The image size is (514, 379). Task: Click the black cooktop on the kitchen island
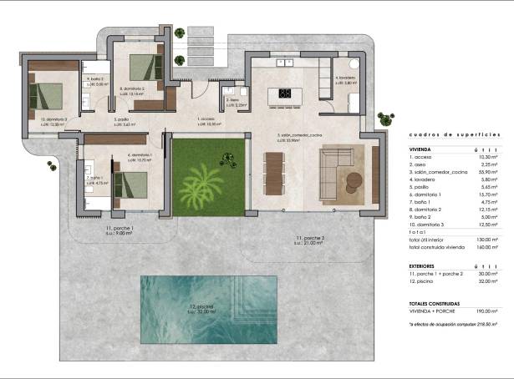click(x=284, y=93)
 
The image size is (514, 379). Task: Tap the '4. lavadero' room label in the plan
click(x=347, y=78)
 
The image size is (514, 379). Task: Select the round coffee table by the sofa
click(x=354, y=177)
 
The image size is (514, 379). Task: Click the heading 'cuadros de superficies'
click(x=455, y=134)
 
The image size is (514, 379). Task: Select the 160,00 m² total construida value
click(x=484, y=248)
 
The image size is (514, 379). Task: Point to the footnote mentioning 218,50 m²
click(x=453, y=322)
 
